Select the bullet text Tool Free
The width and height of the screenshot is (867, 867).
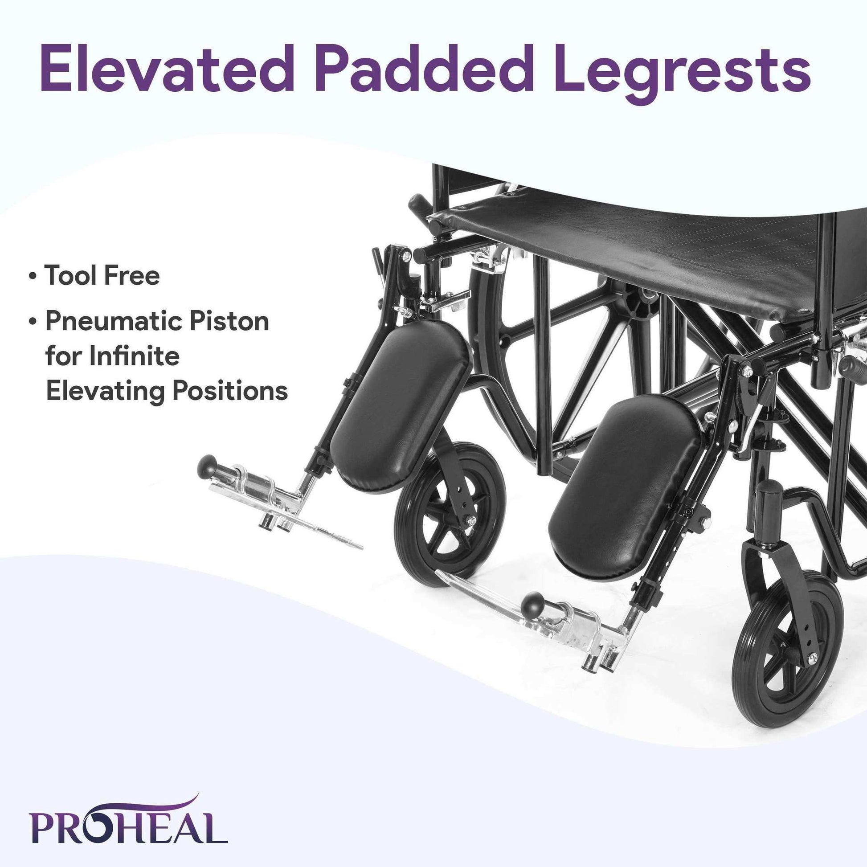pyautogui.click(x=102, y=275)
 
